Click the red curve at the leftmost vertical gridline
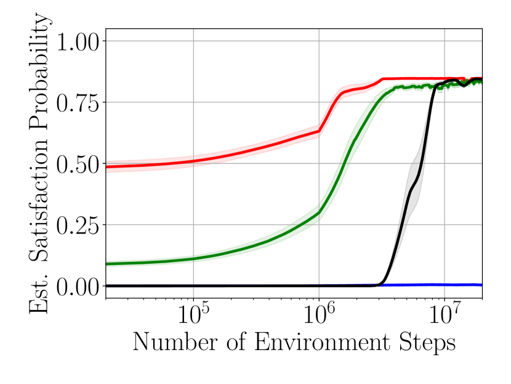pyautogui.click(x=193, y=161)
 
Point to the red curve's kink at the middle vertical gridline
pyautogui.click(x=319, y=131)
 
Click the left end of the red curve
pyautogui.click(x=108, y=167)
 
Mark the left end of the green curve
pyautogui.click(x=108, y=264)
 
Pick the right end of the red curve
pyautogui.click(x=480, y=78)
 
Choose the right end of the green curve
pyautogui.click(x=480, y=83)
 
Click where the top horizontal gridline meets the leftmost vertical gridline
pyautogui.click(x=193, y=41)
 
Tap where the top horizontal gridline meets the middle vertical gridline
pyautogui.click(x=319, y=41)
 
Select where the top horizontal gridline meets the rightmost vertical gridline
pyautogui.click(x=445, y=41)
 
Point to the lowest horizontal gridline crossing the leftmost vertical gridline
pyautogui.click(x=193, y=225)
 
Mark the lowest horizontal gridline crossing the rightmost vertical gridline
pyautogui.click(x=445, y=225)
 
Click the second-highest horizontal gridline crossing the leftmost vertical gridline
pyautogui.click(x=193, y=102)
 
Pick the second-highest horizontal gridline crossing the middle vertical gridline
pyautogui.click(x=319, y=102)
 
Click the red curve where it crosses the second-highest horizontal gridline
pyautogui.click(x=332, y=102)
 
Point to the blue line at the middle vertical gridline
pyautogui.click(x=319, y=284)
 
